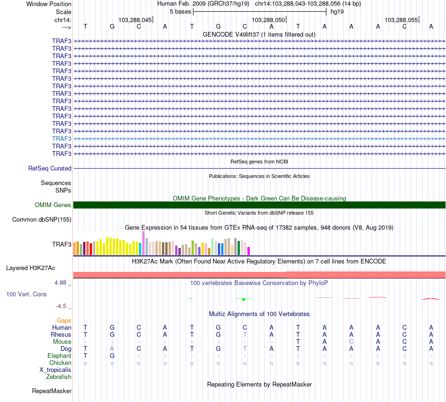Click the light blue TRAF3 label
point(62,139)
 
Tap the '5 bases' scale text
point(180,11)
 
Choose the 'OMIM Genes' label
point(53,205)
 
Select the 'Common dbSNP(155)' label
point(42,219)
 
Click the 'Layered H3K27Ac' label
point(31,268)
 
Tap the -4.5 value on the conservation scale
point(62,306)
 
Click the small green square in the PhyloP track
point(244,299)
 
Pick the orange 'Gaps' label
point(64,320)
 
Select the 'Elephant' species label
point(60,356)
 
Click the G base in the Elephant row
point(112,356)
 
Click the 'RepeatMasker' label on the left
point(52,391)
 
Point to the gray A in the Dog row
point(112,349)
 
